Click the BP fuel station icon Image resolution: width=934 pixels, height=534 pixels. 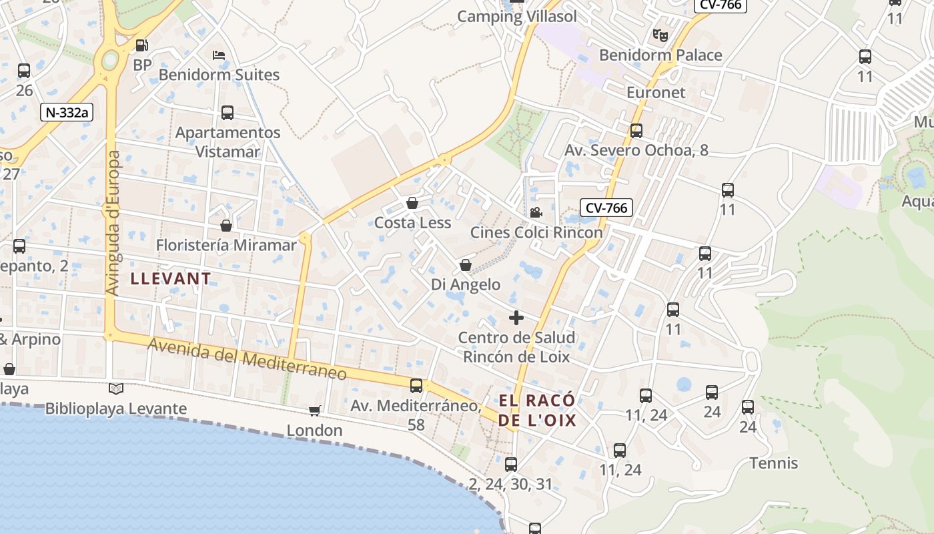pos(141,45)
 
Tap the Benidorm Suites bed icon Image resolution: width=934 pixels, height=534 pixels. pos(218,55)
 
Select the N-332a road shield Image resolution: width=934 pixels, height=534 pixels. pos(66,112)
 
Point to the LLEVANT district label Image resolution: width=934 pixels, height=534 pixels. pos(171,279)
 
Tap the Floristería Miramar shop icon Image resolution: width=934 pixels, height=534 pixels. pos(226,226)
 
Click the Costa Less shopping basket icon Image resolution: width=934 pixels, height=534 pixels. pos(412,203)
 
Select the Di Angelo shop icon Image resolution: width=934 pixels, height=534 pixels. pos(466,266)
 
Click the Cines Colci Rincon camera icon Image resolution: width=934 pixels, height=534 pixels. pos(536,213)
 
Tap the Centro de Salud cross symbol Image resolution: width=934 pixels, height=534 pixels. pos(516,318)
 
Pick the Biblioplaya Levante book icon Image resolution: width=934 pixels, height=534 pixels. pos(116,388)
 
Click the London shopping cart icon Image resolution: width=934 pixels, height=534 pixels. pos(314,411)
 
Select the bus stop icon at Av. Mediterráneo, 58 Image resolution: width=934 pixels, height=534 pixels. pos(416,385)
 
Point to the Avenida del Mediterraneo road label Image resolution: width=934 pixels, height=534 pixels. pos(248,359)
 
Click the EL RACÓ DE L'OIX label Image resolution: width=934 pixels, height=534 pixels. pos(537,410)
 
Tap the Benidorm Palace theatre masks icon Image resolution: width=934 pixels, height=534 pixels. pos(660,35)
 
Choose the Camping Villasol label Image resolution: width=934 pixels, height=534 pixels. pos(516,17)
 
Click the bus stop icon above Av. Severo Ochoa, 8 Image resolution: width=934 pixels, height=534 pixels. pos(636,131)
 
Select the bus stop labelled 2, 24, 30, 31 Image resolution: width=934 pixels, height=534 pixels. pos(511,464)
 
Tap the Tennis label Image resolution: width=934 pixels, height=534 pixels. pos(773,463)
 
